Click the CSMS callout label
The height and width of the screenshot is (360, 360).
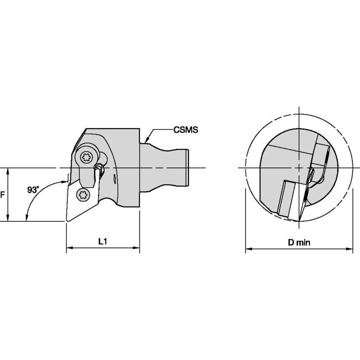[x=185, y=130]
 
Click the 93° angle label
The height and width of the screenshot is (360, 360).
[x=33, y=190]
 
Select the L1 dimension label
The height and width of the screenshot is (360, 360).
[x=102, y=241]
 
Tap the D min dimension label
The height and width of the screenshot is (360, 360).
[x=299, y=242]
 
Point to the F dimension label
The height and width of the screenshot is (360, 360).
[x=3, y=195]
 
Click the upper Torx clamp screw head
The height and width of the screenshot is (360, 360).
[x=86, y=157]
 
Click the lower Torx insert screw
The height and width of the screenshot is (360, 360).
[x=83, y=195]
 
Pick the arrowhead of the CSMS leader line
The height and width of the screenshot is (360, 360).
[x=146, y=140]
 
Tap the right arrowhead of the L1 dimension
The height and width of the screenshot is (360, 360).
[x=137, y=248]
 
